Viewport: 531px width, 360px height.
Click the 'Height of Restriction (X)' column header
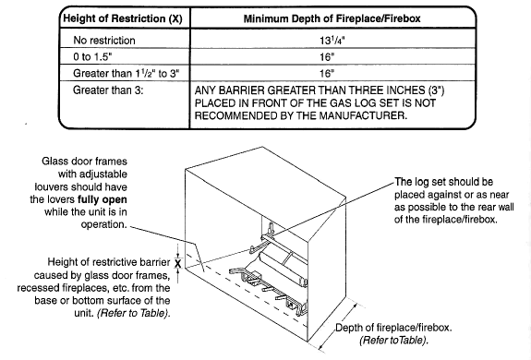[123, 18]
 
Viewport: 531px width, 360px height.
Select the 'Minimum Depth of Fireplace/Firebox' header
[332, 18]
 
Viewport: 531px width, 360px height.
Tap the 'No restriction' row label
[104, 41]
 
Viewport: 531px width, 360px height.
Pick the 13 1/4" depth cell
[332, 41]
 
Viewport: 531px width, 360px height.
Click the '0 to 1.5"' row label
[92, 56]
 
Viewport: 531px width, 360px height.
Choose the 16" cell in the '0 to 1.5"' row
[327, 56]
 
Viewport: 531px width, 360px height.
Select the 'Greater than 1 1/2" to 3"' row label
[127, 73]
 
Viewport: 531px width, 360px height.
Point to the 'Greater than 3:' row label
[108, 90]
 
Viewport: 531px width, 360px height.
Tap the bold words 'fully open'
[103, 199]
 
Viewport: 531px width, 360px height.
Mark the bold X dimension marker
[178, 263]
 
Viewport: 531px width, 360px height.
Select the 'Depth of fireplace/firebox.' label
[393, 328]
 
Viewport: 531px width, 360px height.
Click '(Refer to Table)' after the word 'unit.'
[133, 313]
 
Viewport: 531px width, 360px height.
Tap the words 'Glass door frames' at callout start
[84, 161]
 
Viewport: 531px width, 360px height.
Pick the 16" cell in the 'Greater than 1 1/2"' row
[327, 73]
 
